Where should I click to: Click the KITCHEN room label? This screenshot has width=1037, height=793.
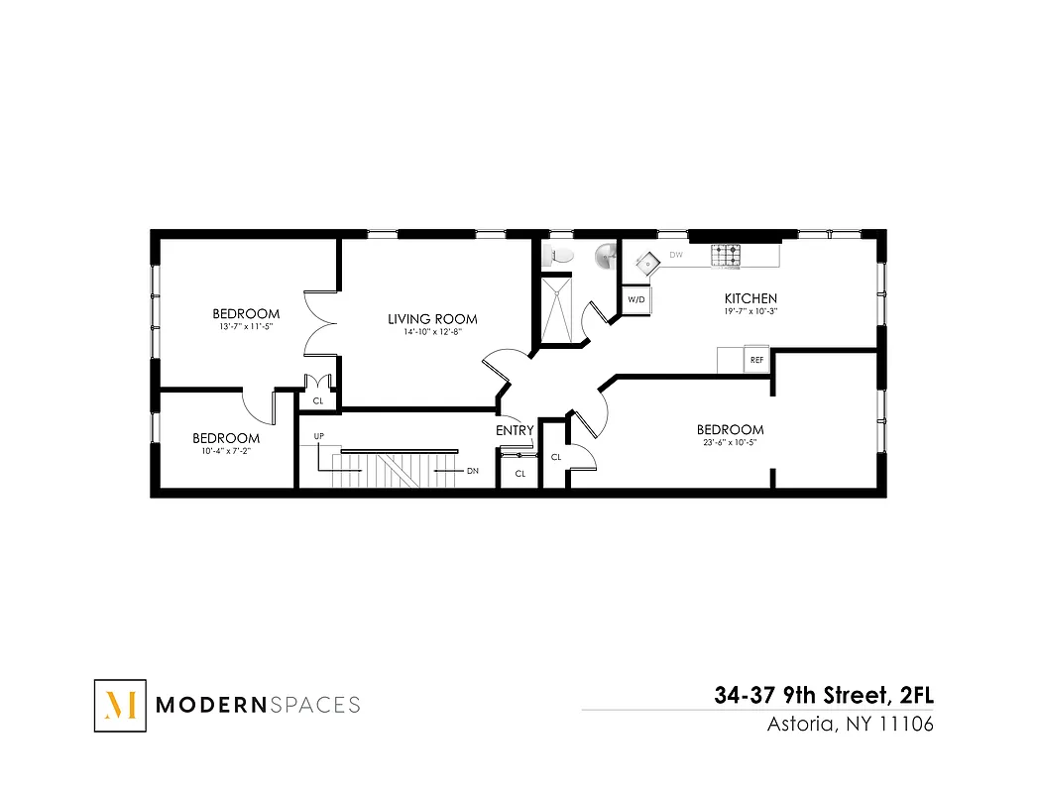[750, 298]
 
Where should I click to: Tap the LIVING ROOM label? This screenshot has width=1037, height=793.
[432, 319]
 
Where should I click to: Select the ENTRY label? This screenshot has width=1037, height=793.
[515, 430]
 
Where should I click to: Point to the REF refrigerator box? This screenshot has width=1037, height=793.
[757, 360]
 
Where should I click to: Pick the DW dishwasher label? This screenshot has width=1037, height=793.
[676, 256]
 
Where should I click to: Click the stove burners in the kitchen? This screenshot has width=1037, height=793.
[725, 255]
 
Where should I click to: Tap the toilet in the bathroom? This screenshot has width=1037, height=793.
[561, 256]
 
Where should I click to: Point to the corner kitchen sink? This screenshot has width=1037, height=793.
[646, 263]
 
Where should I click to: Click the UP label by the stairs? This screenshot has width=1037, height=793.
[319, 436]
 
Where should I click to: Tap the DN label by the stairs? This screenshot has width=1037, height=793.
[473, 471]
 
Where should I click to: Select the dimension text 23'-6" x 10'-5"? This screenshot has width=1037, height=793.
[730, 442]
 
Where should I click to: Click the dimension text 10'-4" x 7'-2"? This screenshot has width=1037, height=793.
[226, 451]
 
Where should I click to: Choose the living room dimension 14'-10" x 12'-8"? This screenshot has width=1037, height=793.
[432, 332]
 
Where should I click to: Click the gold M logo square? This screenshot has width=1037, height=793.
[120, 705]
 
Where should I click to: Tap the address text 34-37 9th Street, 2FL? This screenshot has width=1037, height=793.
[824, 696]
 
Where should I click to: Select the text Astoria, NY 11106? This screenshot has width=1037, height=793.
[851, 724]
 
